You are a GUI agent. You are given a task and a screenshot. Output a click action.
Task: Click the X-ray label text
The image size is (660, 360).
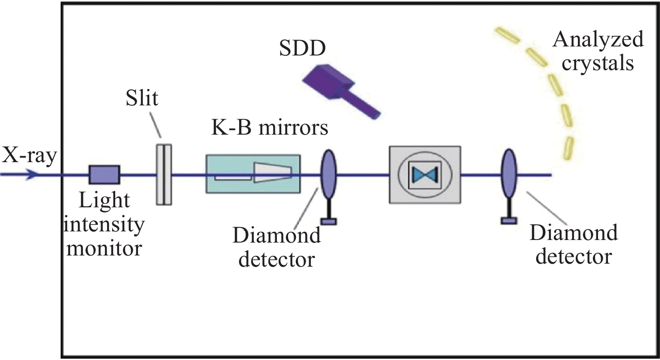(29, 156)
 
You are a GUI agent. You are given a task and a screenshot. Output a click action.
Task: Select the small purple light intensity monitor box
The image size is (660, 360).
(104, 175)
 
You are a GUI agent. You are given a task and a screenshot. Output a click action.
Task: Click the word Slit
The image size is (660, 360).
(142, 98)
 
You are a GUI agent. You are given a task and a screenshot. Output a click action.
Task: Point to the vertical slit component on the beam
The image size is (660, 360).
(163, 174)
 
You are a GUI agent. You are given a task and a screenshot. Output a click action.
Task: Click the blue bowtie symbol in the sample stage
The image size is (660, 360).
(425, 174)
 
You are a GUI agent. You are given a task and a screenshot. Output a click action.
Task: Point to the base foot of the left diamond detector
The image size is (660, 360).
(329, 222)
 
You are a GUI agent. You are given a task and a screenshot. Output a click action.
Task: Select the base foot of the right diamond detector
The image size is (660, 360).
(509, 221)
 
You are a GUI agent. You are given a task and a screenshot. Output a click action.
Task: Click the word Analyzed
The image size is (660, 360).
(598, 40)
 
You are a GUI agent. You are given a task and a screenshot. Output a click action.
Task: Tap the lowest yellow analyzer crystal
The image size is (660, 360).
(568, 148)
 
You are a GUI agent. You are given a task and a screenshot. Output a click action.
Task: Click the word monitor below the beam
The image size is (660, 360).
(104, 248)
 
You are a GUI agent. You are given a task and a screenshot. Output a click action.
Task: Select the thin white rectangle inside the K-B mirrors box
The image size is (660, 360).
(233, 177)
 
